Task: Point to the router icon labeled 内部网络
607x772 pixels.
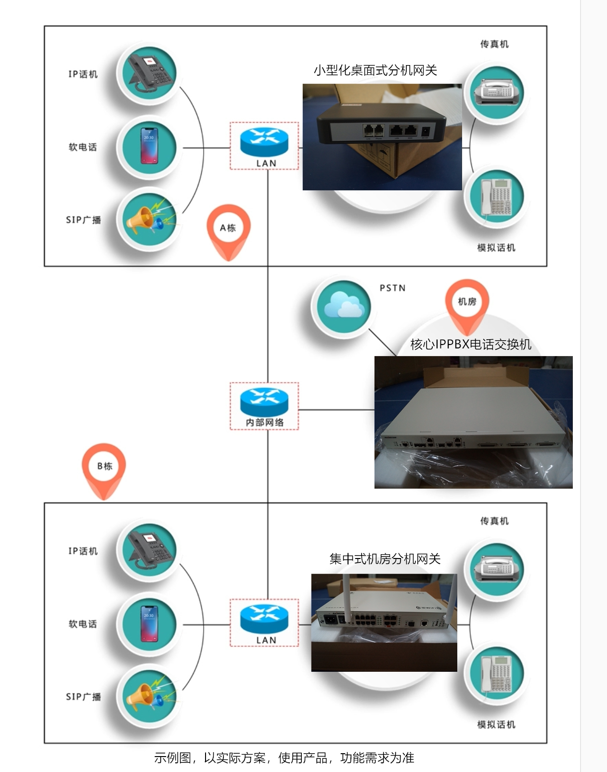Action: (264, 402)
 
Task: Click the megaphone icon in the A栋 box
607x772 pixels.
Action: (149, 219)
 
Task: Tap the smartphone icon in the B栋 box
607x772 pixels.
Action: (149, 624)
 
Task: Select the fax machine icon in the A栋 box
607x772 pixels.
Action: (497, 92)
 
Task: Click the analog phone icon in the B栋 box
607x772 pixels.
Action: (497, 673)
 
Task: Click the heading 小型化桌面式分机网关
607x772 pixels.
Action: (375, 70)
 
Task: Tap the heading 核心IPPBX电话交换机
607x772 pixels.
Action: (470, 344)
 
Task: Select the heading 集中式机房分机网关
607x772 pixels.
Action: (385, 559)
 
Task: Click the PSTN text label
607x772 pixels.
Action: (392, 288)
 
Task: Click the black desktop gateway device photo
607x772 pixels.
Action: (382, 137)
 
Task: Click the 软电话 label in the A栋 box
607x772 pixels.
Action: (83, 147)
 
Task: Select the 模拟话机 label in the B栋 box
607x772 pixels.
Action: (496, 724)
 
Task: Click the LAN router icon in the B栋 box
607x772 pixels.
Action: (264, 619)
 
